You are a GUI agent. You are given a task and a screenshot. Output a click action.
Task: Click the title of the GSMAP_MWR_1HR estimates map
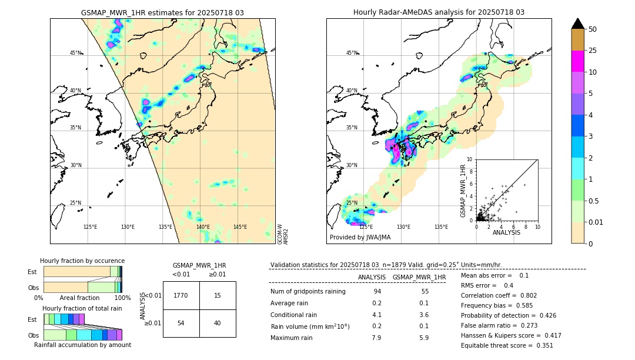(162, 12)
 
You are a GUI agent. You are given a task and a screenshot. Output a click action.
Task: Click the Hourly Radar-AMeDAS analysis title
(439, 12)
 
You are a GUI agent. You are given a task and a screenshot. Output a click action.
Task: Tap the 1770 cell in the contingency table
(181, 295)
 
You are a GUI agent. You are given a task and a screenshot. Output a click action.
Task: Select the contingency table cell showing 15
(218, 295)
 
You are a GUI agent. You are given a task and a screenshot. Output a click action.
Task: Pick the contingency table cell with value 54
(181, 323)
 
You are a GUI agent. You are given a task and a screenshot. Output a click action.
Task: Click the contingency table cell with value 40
(218, 323)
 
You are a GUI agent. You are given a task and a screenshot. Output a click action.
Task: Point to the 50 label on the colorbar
(593, 29)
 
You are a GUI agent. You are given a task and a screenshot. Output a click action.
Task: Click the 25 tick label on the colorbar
(593, 51)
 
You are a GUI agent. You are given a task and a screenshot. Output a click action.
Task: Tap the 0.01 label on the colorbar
(596, 222)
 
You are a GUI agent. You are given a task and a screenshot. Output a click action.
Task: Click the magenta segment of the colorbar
(577, 61)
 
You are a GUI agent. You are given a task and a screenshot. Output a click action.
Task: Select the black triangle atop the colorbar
(577, 24)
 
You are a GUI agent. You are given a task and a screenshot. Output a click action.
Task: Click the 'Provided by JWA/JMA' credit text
(360, 238)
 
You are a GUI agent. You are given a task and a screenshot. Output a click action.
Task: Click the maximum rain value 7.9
(376, 338)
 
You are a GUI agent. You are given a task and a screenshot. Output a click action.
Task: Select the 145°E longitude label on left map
(240, 227)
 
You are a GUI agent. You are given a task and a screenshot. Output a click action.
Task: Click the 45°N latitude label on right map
(352, 53)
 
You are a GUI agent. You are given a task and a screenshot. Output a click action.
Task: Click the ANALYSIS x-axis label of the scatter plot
(506, 232)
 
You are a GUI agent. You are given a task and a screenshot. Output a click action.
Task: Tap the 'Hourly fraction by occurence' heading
(82, 261)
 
